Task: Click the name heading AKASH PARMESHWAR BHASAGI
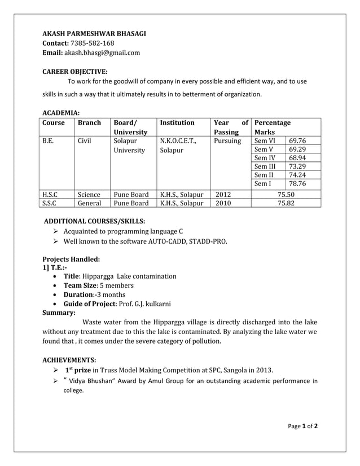[x=94, y=33]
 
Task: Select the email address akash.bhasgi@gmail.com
[x=102, y=52]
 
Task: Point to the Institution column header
[x=177, y=122]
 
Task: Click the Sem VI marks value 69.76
[x=297, y=140]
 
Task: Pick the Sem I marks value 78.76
[x=297, y=183]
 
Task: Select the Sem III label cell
[x=265, y=166]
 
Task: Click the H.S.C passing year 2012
[x=223, y=194]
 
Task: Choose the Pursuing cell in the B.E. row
[x=228, y=140]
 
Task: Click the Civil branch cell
[x=85, y=140]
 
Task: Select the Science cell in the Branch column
[x=89, y=194]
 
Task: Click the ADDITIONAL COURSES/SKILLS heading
[x=94, y=221]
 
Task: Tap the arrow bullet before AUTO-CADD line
[x=56, y=241]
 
